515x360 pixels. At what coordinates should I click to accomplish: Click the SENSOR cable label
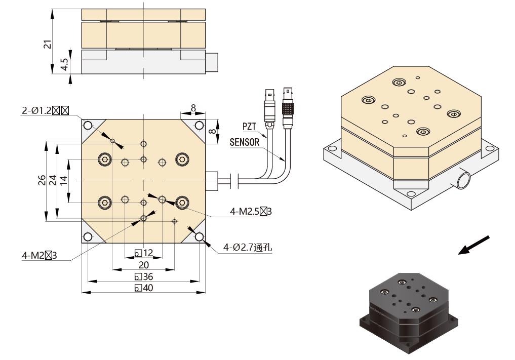tap(245, 143)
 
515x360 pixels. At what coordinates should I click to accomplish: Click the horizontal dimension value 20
tap(144, 265)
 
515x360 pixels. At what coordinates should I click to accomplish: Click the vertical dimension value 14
tap(63, 181)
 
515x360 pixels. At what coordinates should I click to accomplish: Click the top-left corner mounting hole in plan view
tap(88, 125)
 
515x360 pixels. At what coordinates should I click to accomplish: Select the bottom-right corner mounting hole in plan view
tap(199, 236)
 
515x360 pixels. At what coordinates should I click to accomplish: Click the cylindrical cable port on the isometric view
tap(462, 180)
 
